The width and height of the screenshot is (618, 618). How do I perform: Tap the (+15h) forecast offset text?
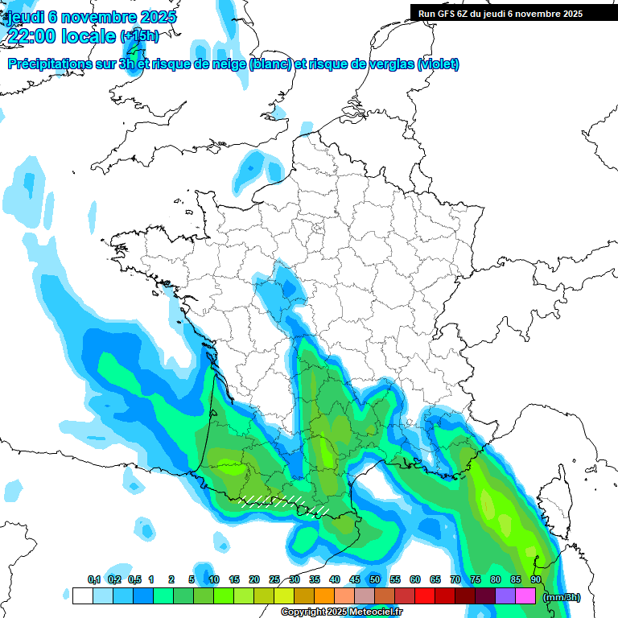pyautogui.click(x=139, y=35)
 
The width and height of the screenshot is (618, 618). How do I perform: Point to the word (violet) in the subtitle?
pyautogui.click(x=438, y=64)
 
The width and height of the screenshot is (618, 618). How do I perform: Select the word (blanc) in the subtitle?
pyautogui.click(x=270, y=64)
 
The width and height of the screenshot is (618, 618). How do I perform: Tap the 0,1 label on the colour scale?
pyautogui.click(x=94, y=580)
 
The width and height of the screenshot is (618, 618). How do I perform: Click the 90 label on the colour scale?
pyautogui.click(x=535, y=580)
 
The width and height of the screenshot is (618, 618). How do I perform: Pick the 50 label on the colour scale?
pyautogui.click(x=375, y=580)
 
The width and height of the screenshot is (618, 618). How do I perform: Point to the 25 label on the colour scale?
pyautogui.click(x=274, y=580)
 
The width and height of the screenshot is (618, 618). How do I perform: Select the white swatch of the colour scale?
pyautogui.click(x=82, y=596)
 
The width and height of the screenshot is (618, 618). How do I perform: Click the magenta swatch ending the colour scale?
pyautogui.click(x=525, y=596)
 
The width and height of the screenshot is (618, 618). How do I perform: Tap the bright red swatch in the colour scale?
pyautogui.click(x=425, y=596)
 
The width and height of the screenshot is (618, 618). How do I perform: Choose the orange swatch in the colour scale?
pyautogui.click(x=324, y=596)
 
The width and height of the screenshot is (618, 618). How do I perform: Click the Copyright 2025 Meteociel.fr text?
pyautogui.click(x=341, y=612)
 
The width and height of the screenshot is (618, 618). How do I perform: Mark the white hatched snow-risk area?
pyautogui.click(x=274, y=502)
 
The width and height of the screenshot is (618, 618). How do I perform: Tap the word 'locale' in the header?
pyautogui.click(x=89, y=35)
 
